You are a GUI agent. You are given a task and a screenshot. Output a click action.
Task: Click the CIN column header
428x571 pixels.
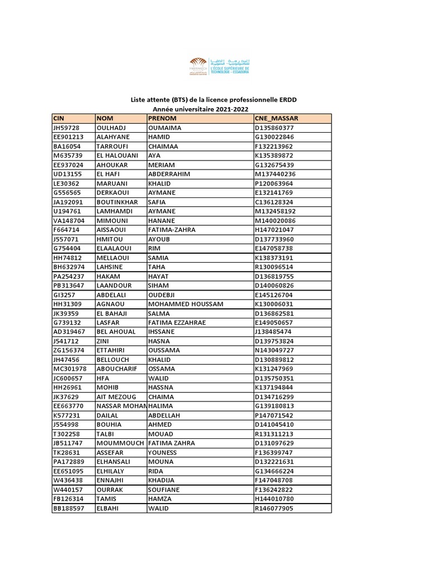(x=59, y=119)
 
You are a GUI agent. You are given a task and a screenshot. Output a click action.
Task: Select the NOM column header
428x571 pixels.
(x=105, y=119)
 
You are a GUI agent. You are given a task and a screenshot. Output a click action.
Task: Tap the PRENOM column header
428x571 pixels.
(x=162, y=119)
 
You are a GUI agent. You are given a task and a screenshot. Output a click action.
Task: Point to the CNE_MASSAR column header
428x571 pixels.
(x=276, y=119)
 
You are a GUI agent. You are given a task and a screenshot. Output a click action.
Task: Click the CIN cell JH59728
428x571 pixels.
(x=67, y=128)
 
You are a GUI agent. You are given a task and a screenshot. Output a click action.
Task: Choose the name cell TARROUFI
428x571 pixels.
(x=113, y=146)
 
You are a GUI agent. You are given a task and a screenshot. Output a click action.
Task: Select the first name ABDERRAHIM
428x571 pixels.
(x=169, y=174)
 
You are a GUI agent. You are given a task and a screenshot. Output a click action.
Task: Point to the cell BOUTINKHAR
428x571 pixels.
(x=118, y=202)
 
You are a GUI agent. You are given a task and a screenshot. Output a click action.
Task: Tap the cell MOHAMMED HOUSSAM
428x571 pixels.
(x=186, y=304)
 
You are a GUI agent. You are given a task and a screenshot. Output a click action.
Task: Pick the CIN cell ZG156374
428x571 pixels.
(x=69, y=350)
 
